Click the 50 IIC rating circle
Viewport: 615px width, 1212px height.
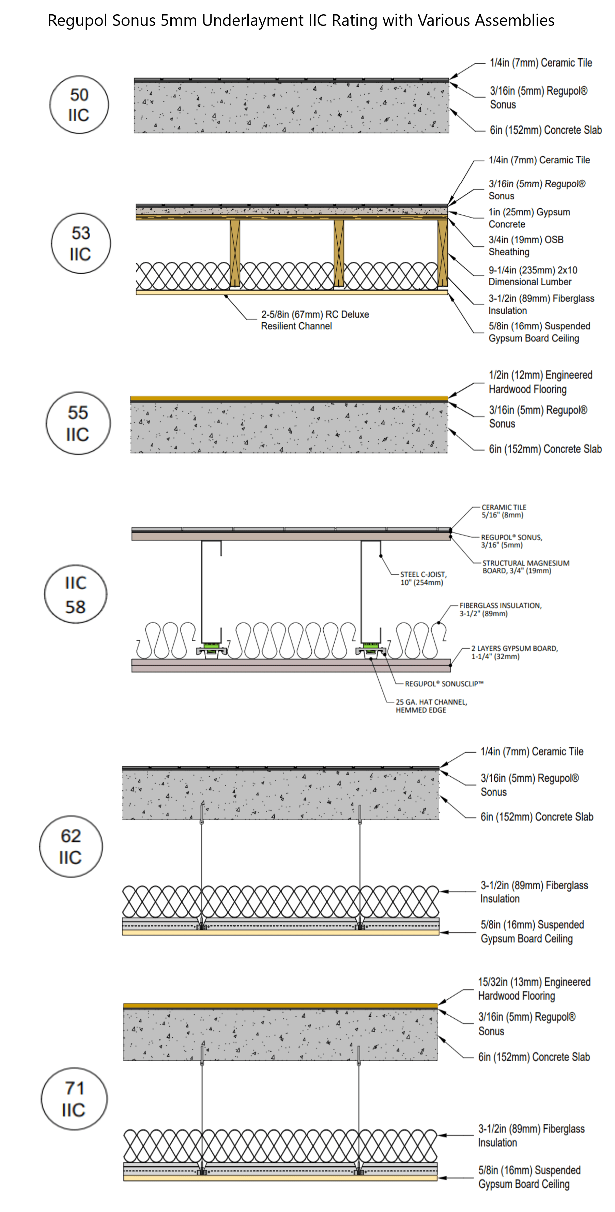pyautogui.click(x=79, y=104)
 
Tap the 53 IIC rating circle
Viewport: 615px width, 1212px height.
pyautogui.click(x=80, y=243)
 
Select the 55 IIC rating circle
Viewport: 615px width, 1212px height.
pyautogui.click(x=78, y=423)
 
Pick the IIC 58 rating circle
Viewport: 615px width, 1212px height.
pyautogui.click(x=75, y=594)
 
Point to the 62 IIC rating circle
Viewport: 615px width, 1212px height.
pyautogui.click(x=71, y=846)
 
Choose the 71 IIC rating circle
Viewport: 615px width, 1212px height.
pyautogui.click(x=74, y=1099)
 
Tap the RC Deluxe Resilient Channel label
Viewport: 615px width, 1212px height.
pyautogui.click(x=314, y=320)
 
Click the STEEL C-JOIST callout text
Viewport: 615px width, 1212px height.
pyautogui.click(x=423, y=578)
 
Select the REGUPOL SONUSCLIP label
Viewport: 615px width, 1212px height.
pyautogui.click(x=444, y=684)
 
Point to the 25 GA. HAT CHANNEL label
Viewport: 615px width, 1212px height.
pyautogui.click(x=431, y=706)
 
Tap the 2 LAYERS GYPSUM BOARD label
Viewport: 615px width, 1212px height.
pyautogui.click(x=514, y=652)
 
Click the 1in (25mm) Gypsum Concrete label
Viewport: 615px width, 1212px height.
pyautogui.click(x=529, y=218)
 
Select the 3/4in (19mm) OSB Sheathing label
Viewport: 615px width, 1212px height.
pyautogui.click(x=525, y=246)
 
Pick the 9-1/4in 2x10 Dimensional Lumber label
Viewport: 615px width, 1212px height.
pyautogui.click(x=532, y=276)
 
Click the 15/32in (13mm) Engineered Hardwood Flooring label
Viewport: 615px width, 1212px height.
pyautogui.click(x=534, y=988)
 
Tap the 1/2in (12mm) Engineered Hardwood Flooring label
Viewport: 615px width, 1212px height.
pyautogui.click(x=540, y=382)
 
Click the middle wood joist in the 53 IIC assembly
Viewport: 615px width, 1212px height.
pyautogui.click(x=339, y=253)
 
